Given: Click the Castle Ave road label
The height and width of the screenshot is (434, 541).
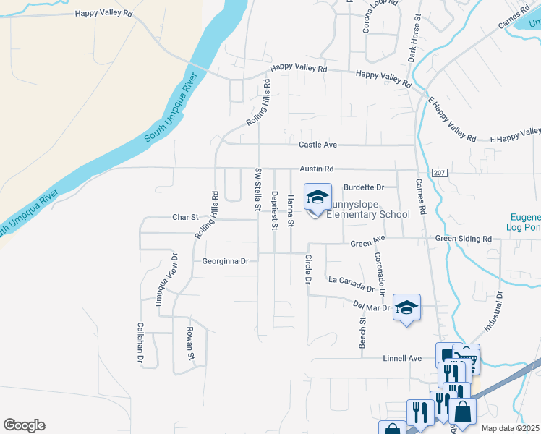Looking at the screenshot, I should tap(318, 145).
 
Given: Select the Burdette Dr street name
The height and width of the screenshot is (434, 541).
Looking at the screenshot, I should tap(362, 187).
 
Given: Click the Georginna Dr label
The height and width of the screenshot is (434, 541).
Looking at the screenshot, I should tap(225, 261).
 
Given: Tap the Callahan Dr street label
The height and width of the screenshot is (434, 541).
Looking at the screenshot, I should tap(141, 342).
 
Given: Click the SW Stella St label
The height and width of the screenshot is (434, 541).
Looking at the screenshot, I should tap(257, 189).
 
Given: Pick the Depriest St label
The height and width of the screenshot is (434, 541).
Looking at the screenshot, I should tap(274, 210).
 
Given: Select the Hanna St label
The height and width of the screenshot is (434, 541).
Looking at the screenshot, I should tap(291, 209).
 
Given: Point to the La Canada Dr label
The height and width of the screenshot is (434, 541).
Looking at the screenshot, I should tap(352, 284).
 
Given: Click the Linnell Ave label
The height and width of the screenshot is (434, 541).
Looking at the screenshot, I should tap(401, 358).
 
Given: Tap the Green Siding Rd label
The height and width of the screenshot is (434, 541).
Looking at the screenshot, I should tap(463, 239).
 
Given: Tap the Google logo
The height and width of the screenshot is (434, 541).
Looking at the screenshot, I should tap(24, 425).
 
